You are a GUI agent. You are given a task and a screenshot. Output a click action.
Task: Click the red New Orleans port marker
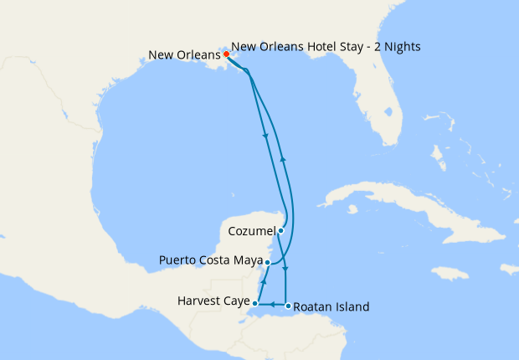pyautogui.click(x=226, y=54)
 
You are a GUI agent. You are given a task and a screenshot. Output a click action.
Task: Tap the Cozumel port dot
pyautogui.click(x=281, y=230)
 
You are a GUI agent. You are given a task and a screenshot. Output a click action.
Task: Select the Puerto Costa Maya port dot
pyautogui.click(x=267, y=262)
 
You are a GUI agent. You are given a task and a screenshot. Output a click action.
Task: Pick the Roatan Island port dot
pyautogui.click(x=288, y=306)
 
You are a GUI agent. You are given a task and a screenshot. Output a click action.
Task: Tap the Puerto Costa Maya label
pyautogui.click(x=209, y=261)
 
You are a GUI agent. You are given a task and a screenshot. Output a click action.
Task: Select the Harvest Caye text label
pyautogui.click(x=213, y=301)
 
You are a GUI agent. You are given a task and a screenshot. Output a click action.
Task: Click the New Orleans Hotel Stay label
pyautogui.click(x=326, y=47)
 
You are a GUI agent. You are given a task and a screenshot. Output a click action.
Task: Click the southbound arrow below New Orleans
pyautogui.click(x=266, y=136)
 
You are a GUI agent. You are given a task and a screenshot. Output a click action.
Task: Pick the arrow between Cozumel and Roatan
pyautogui.click(x=286, y=269)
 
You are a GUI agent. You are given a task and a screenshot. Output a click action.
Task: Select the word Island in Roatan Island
pyautogui.click(x=352, y=307)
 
